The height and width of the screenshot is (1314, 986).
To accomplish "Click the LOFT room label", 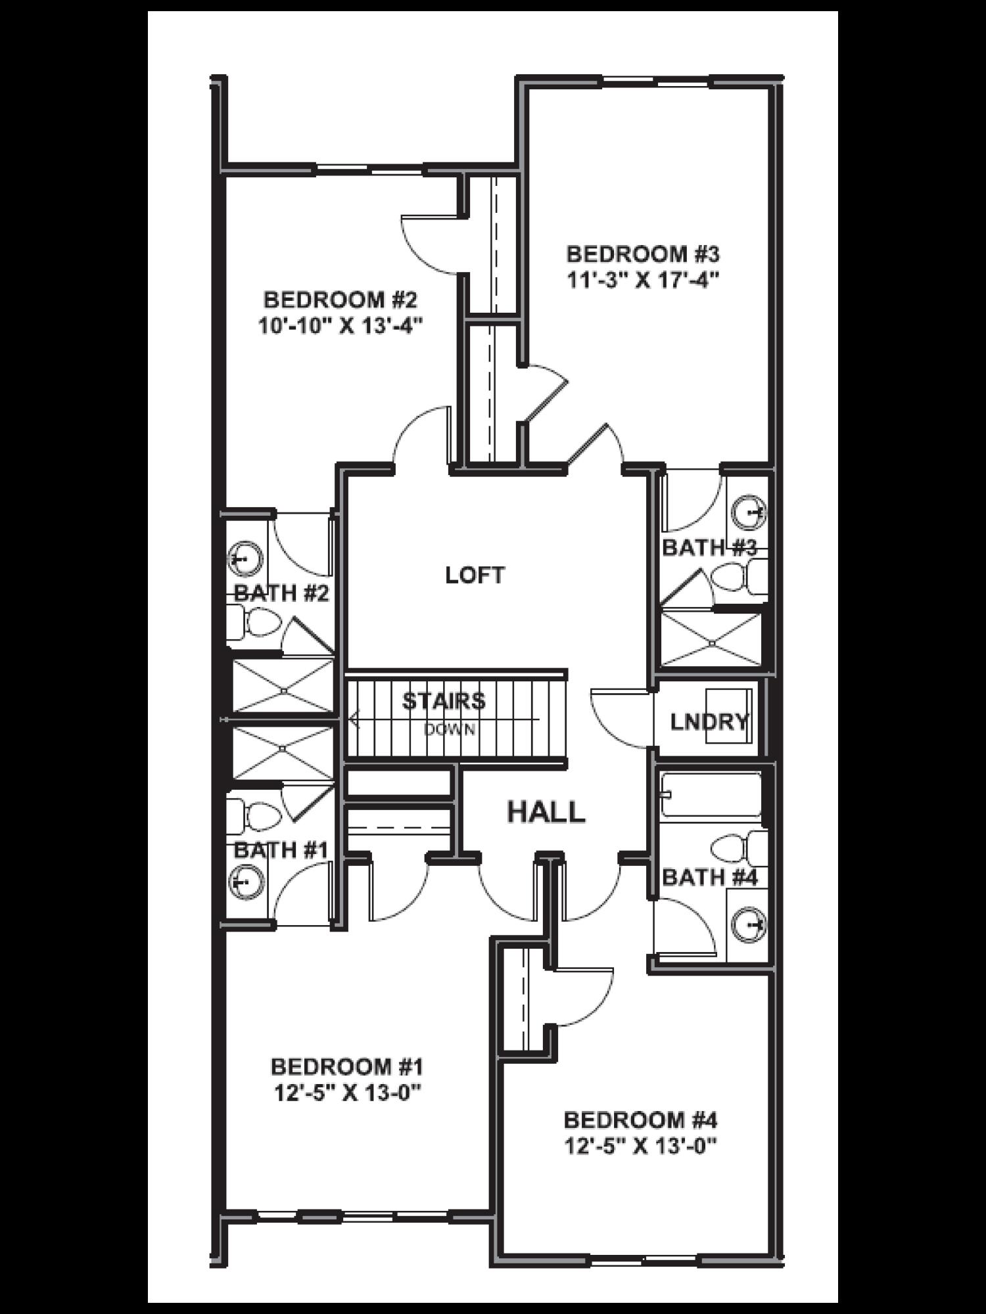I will point(475,576).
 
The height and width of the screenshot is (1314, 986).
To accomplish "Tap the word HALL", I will point(546,813).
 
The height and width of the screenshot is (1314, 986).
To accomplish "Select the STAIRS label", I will point(444,701).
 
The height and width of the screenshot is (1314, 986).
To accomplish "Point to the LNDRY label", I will point(709,722).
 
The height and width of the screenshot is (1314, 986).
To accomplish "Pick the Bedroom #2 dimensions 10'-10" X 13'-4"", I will point(339,327).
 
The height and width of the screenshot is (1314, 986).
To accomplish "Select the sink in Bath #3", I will point(750,512).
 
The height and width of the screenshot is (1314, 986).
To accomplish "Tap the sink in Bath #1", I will point(245,881).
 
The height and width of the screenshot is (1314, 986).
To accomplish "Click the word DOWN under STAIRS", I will point(450,729).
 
